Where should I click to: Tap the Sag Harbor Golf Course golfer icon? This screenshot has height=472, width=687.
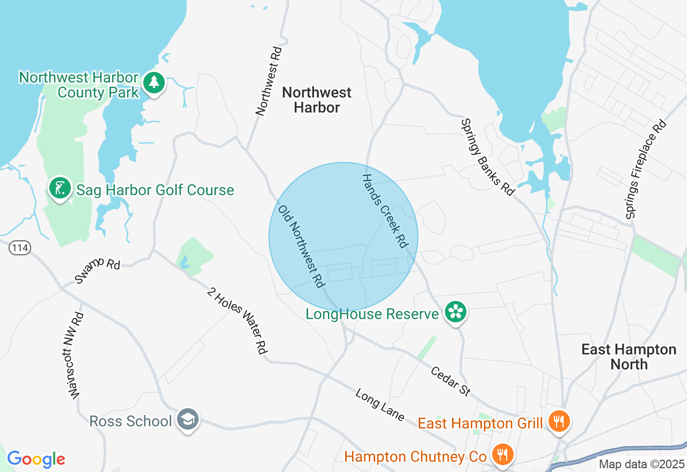click(x=60, y=188)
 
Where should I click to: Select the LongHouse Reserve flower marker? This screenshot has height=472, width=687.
click(x=456, y=311)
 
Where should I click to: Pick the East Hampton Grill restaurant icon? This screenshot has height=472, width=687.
click(x=559, y=422)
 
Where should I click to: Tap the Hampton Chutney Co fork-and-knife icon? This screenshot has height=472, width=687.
click(x=502, y=455)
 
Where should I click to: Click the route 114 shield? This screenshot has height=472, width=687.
click(x=19, y=248)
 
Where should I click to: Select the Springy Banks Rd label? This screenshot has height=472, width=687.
click(x=487, y=157)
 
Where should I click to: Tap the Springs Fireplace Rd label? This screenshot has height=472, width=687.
click(x=646, y=169)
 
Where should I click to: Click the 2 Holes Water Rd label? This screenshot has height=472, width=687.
click(x=237, y=321)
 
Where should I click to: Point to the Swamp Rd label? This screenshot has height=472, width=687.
click(x=98, y=270)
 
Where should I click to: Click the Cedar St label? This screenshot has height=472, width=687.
click(x=451, y=381)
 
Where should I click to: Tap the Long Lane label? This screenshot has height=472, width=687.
click(x=379, y=405)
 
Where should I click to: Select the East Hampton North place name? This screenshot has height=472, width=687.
click(x=629, y=357)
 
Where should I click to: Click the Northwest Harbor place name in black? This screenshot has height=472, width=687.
click(x=317, y=100)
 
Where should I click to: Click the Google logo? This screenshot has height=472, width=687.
click(x=36, y=459)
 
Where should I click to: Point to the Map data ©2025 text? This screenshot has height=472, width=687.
click(x=641, y=464)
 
